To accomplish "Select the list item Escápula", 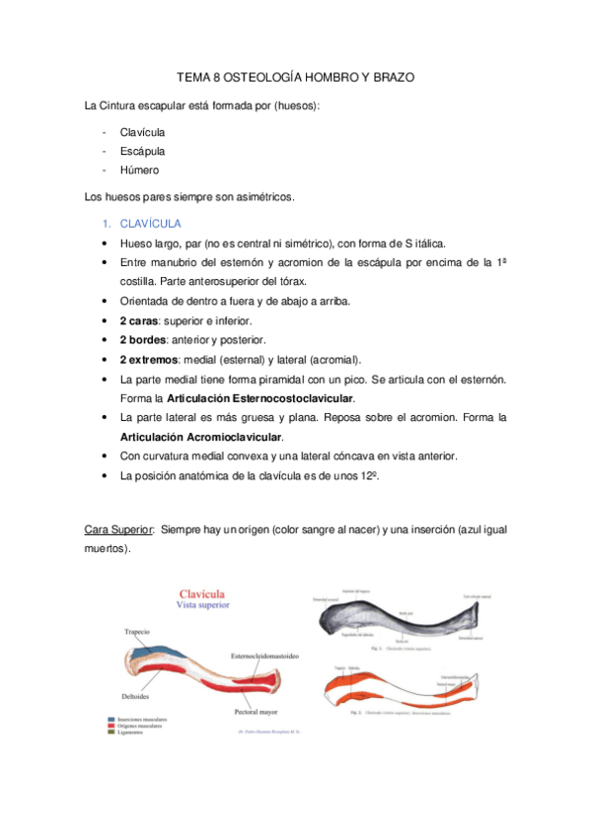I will (142, 151).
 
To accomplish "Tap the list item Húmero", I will (139, 171).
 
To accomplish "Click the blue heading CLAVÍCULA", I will (151, 224).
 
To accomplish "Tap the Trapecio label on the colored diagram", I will (137, 631).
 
